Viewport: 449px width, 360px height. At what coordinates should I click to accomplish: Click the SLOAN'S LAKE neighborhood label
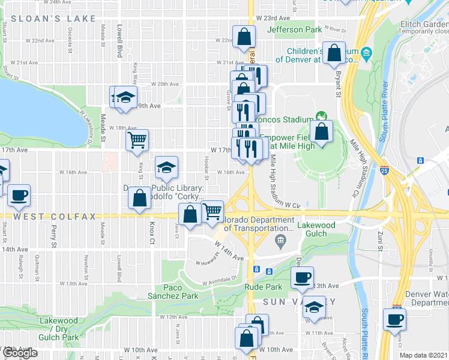point(53,19)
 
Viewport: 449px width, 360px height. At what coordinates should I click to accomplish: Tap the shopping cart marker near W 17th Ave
point(137,140)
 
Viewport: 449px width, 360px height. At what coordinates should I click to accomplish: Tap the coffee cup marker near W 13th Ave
point(302,277)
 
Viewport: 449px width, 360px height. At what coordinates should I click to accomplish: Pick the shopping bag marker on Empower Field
point(322,131)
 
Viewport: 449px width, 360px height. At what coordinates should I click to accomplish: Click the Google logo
point(19,353)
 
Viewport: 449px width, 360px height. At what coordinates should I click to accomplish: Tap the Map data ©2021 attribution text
point(424,355)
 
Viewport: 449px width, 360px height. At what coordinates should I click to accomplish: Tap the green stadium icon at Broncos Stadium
point(321,116)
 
